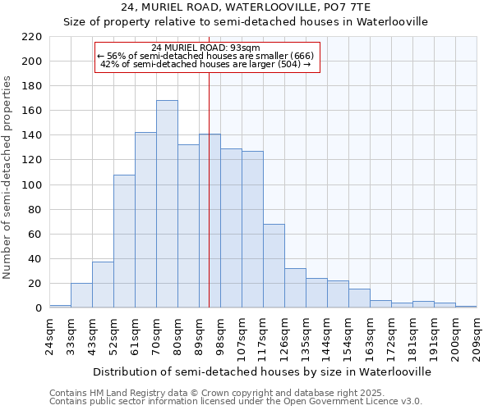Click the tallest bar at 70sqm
click(167, 204)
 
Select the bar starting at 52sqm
click(124, 241)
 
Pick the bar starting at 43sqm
click(103, 285)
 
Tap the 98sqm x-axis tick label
click(221, 335)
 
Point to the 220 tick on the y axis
click(32, 37)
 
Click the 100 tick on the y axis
click(32, 185)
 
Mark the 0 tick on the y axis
click(39, 308)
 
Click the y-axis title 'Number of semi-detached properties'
click(8, 177)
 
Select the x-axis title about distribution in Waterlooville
click(261, 371)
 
